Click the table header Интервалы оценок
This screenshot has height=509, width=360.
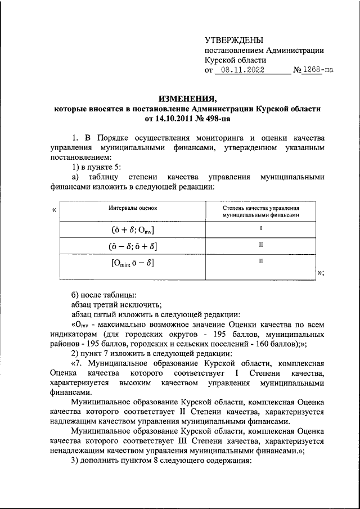click(133, 208)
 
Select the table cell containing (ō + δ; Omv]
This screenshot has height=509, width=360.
click(133, 230)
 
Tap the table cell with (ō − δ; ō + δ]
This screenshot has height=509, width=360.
click(133, 246)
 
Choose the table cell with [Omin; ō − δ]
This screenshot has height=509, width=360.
click(133, 263)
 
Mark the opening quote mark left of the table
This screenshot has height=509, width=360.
click(54, 210)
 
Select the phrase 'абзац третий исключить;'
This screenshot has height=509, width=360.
click(110, 304)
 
